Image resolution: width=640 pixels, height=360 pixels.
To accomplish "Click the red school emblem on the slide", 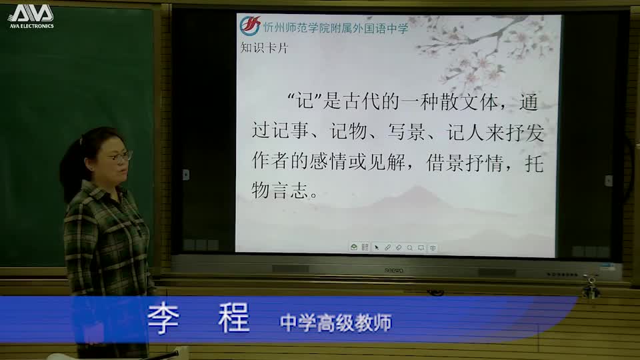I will [249, 26].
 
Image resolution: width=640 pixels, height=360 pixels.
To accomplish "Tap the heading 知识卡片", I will [264, 48].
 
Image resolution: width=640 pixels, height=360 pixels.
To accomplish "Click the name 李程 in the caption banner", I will [199, 319].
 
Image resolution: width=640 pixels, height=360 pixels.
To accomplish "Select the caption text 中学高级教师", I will [335, 322].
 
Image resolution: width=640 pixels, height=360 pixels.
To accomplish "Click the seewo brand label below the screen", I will [394, 270].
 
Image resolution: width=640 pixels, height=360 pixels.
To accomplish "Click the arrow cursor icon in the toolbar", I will [376, 247].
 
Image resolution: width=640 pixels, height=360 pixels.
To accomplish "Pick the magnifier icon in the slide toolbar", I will [409, 247].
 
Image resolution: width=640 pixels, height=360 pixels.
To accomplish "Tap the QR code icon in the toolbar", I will [365, 247].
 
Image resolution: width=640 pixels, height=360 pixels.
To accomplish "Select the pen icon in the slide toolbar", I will [387, 247].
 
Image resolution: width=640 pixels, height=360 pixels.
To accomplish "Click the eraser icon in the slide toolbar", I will [398, 247].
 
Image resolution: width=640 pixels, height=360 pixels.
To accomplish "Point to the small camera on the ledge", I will [590, 285].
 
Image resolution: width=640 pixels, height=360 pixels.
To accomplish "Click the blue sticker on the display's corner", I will [607, 266].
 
